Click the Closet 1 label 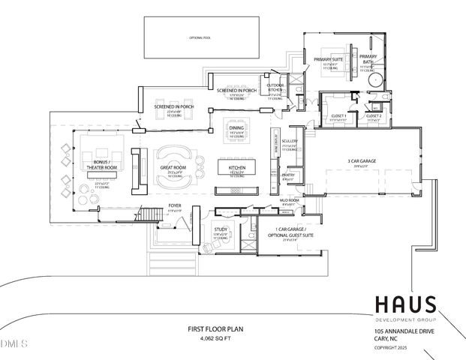tap(338, 116)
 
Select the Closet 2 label tap(374, 116)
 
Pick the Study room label tap(221, 230)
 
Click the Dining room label tap(236, 128)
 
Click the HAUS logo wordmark tap(404, 304)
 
